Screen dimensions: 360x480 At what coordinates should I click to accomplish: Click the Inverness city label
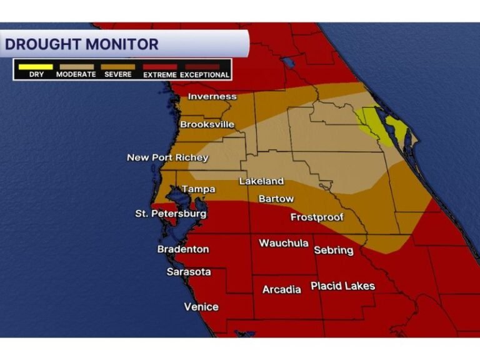pos(212,96)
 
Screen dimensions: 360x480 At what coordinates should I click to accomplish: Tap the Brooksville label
pos(207,124)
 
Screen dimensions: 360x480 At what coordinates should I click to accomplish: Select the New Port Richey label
pos(167,157)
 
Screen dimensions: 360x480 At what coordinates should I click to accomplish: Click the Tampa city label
pos(198,189)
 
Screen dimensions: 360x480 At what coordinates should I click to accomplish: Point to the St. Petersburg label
pos(171,214)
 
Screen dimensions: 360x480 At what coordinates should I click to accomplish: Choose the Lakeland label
pos(261,181)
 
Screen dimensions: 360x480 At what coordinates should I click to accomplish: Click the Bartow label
pos(276,199)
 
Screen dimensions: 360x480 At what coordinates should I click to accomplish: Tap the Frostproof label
pos(317,217)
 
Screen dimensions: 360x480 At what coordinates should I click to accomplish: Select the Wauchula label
pos(283,242)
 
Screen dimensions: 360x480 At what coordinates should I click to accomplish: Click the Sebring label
pos(333,250)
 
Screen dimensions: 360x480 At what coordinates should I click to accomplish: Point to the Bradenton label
pos(182,249)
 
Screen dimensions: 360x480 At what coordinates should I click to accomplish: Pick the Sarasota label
pos(188,272)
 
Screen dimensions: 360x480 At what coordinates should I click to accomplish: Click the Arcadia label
pos(281,290)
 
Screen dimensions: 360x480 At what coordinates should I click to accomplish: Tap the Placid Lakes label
pos(342,286)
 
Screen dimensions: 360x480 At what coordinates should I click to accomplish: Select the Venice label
pos(201,306)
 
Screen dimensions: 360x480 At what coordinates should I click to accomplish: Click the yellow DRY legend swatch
pos(36,66)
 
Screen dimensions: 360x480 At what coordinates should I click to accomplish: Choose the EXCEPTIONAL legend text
pos(205,75)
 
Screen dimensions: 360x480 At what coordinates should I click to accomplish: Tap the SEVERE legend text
pos(117,75)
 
